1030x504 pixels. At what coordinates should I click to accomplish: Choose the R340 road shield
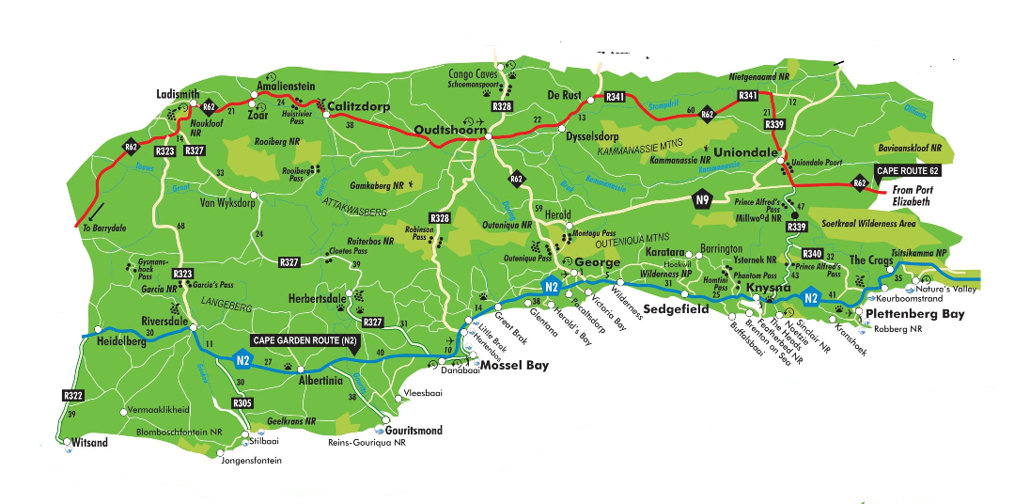tap(812, 254)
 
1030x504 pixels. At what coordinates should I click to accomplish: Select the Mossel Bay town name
tap(515, 367)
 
